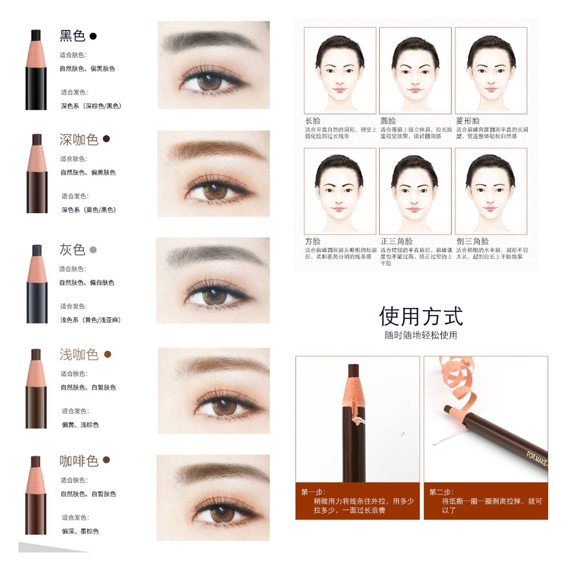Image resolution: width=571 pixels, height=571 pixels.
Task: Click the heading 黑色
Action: (72, 36)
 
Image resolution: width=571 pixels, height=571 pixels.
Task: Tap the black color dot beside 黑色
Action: (93, 36)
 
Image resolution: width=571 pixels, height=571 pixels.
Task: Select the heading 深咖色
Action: (79, 139)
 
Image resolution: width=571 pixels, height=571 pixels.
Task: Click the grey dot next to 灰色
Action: (93, 249)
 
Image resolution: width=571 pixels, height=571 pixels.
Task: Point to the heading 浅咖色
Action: (79, 355)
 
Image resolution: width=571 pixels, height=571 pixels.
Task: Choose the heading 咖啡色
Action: (79, 461)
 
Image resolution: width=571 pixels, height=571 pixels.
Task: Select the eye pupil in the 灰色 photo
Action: (214, 296)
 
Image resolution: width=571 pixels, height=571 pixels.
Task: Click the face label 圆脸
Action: (388, 120)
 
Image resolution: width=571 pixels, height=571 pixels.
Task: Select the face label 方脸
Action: (313, 241)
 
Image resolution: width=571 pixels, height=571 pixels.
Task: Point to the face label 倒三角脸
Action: (472, 241)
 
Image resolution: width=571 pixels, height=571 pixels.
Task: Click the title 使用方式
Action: (421, 316)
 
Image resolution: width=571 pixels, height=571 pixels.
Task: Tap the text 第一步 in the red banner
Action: (313, 492)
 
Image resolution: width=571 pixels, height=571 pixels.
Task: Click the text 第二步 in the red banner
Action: (441, 492)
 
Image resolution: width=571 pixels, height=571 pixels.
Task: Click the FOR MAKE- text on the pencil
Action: (536, 459)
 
